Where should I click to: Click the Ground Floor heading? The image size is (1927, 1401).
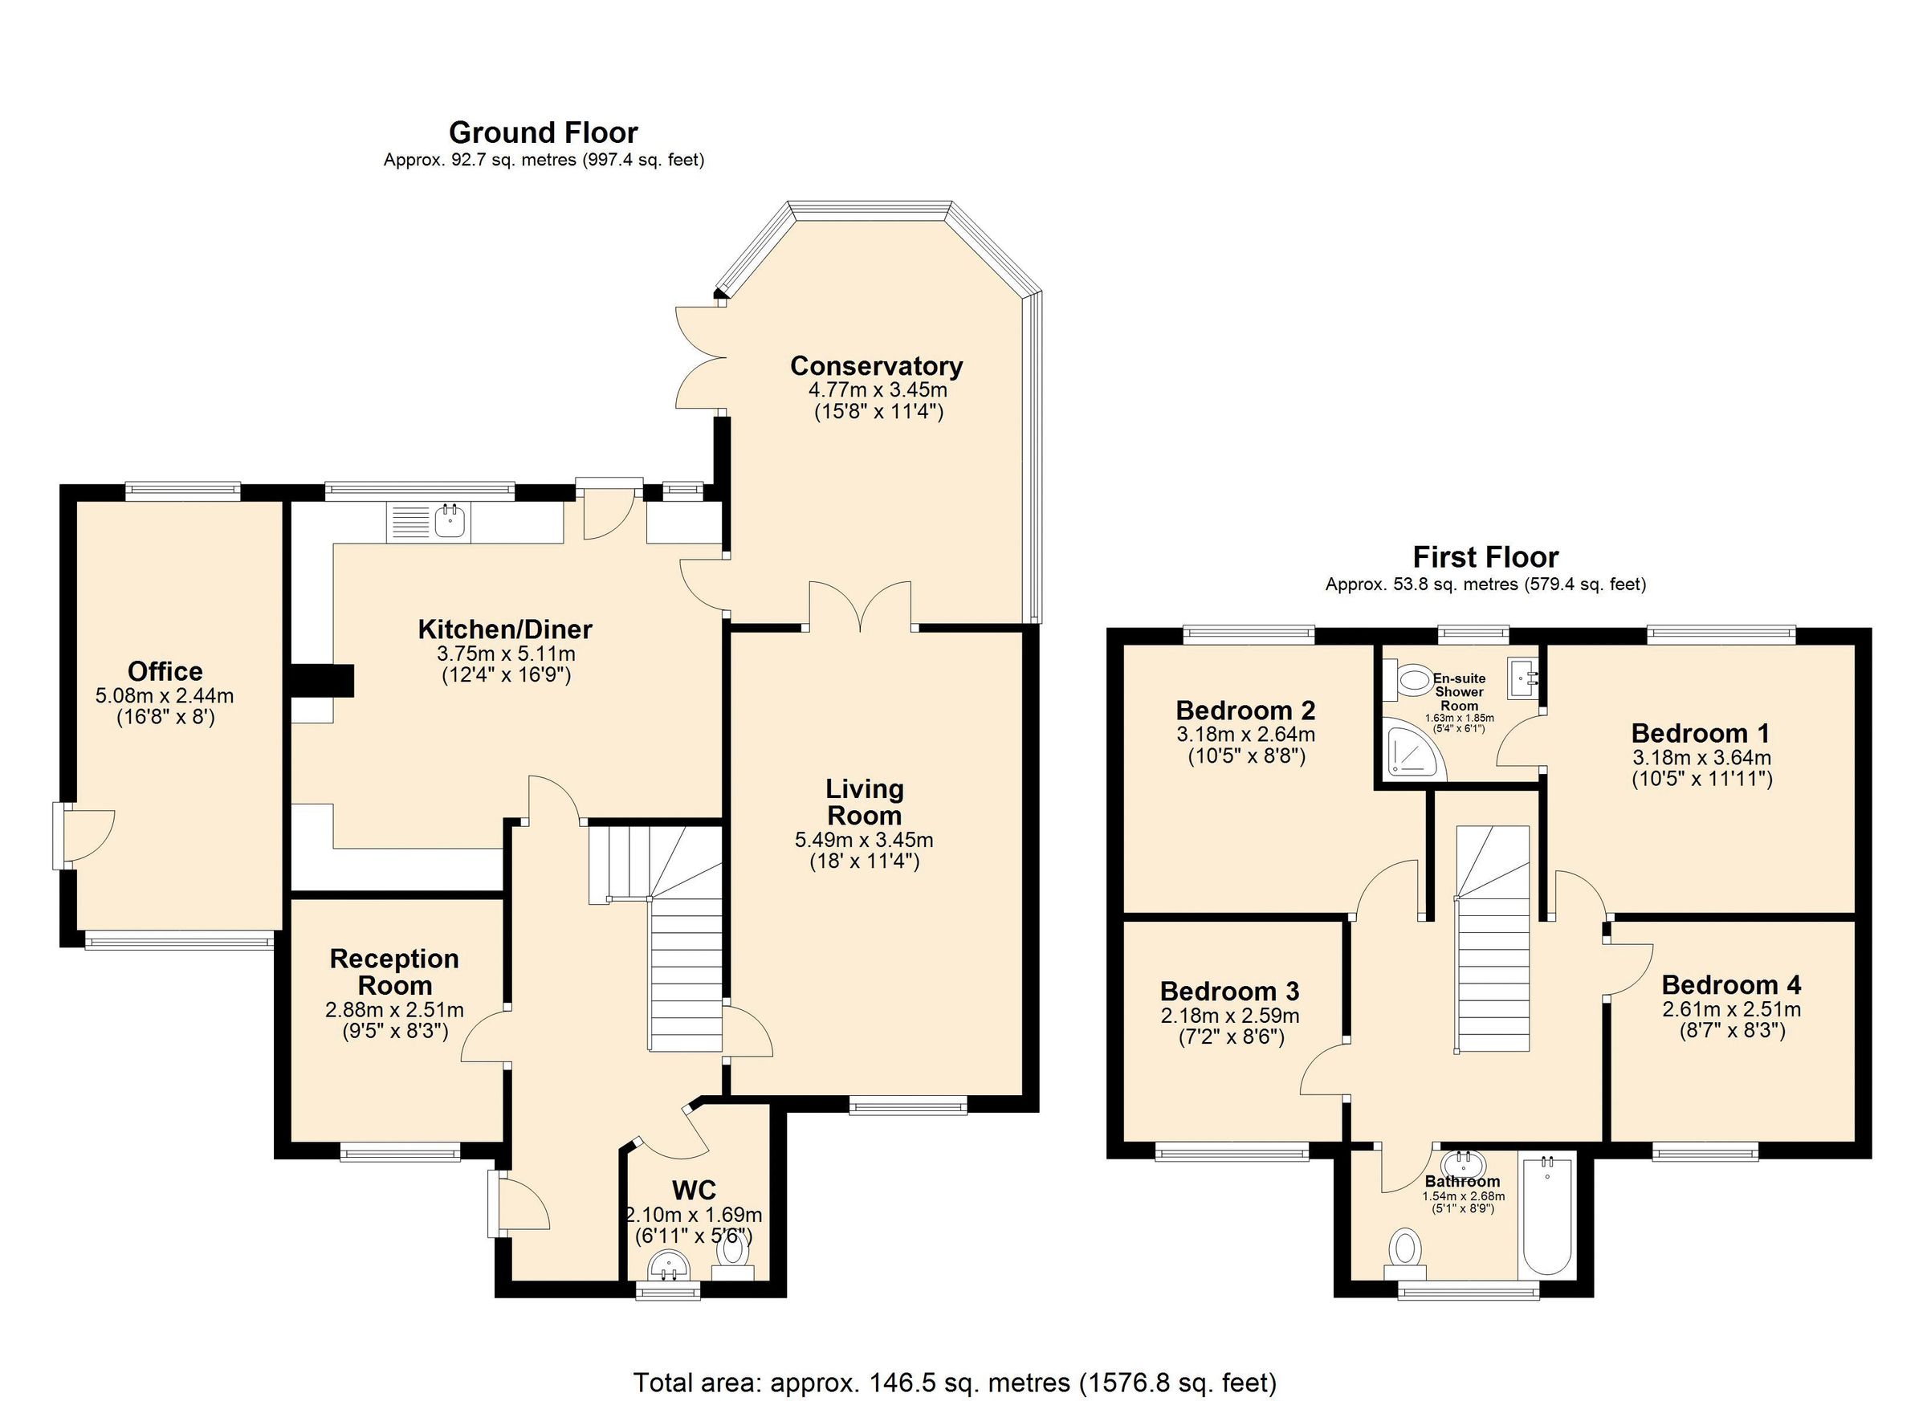tap(543, 132)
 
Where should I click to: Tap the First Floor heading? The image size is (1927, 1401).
tap(1485, 557)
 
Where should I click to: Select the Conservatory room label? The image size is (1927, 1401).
tap(876, 366)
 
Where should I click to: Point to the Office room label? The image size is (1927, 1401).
tap(165, 671)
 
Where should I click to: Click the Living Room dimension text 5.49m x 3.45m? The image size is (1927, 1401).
tap(864, 841)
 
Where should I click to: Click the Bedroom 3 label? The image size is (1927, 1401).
tap(1229, 992)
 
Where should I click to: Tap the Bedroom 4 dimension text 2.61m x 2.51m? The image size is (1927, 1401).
tap(1731, 1009)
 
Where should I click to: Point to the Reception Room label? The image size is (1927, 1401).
tap(394, 972)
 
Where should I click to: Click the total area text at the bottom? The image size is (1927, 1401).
tap(954, 1383)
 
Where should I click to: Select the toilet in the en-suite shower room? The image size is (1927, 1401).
tap(1411, 680)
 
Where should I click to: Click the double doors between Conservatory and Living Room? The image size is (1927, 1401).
tap(861, 605)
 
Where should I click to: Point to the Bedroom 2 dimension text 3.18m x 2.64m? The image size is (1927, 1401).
tap(1245, 734)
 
